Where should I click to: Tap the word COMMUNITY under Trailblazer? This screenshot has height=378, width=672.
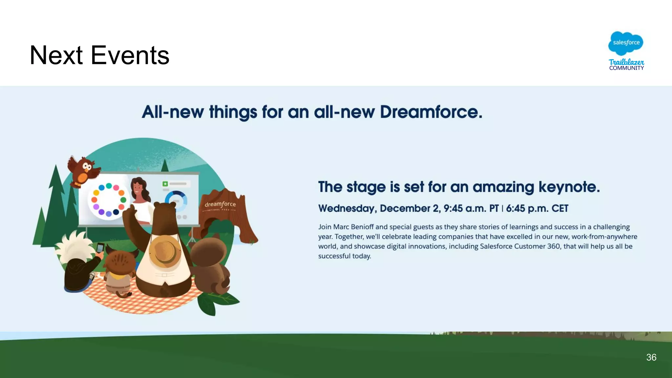626,68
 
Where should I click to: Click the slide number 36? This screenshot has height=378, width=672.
651,357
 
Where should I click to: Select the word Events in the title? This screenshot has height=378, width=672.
130,55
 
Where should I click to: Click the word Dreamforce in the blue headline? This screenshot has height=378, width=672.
430,112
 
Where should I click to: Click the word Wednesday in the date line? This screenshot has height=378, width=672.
347,208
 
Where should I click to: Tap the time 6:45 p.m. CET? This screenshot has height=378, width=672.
537,208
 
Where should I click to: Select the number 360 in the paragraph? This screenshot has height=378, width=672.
554,246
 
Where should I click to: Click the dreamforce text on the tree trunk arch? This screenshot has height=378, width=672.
220,204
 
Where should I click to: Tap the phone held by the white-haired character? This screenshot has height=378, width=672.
100,247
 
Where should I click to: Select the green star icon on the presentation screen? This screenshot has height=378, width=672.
165,184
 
